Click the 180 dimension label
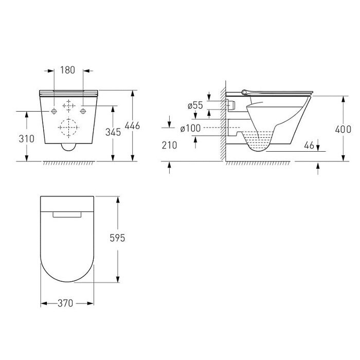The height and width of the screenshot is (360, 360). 67,70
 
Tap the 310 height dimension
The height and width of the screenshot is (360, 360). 26,139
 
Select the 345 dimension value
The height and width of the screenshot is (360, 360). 113,132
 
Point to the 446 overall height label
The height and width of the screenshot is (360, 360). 132,125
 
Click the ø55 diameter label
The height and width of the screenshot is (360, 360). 195,105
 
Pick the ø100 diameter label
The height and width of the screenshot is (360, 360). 190,129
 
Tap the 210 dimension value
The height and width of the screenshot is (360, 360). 169,145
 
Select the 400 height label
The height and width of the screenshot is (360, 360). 343,130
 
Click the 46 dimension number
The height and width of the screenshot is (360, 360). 309,145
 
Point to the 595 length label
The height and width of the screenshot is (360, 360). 117,238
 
